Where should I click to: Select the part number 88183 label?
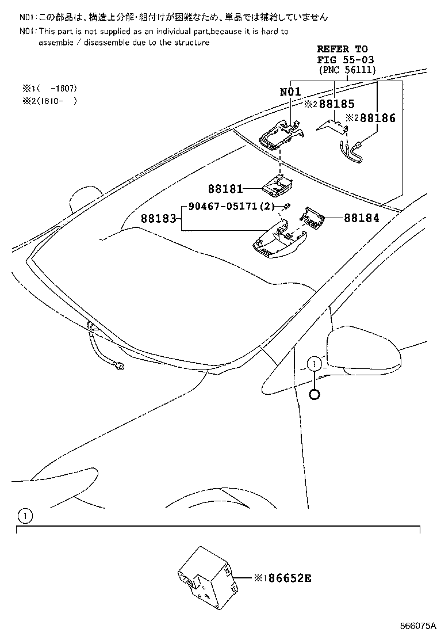(158, 219)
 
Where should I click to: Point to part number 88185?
(337, 104)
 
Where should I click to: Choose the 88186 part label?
(379, 119)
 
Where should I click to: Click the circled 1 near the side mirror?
(314, 364)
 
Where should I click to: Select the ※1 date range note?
(49, 89)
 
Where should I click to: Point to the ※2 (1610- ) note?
(49, 101)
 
